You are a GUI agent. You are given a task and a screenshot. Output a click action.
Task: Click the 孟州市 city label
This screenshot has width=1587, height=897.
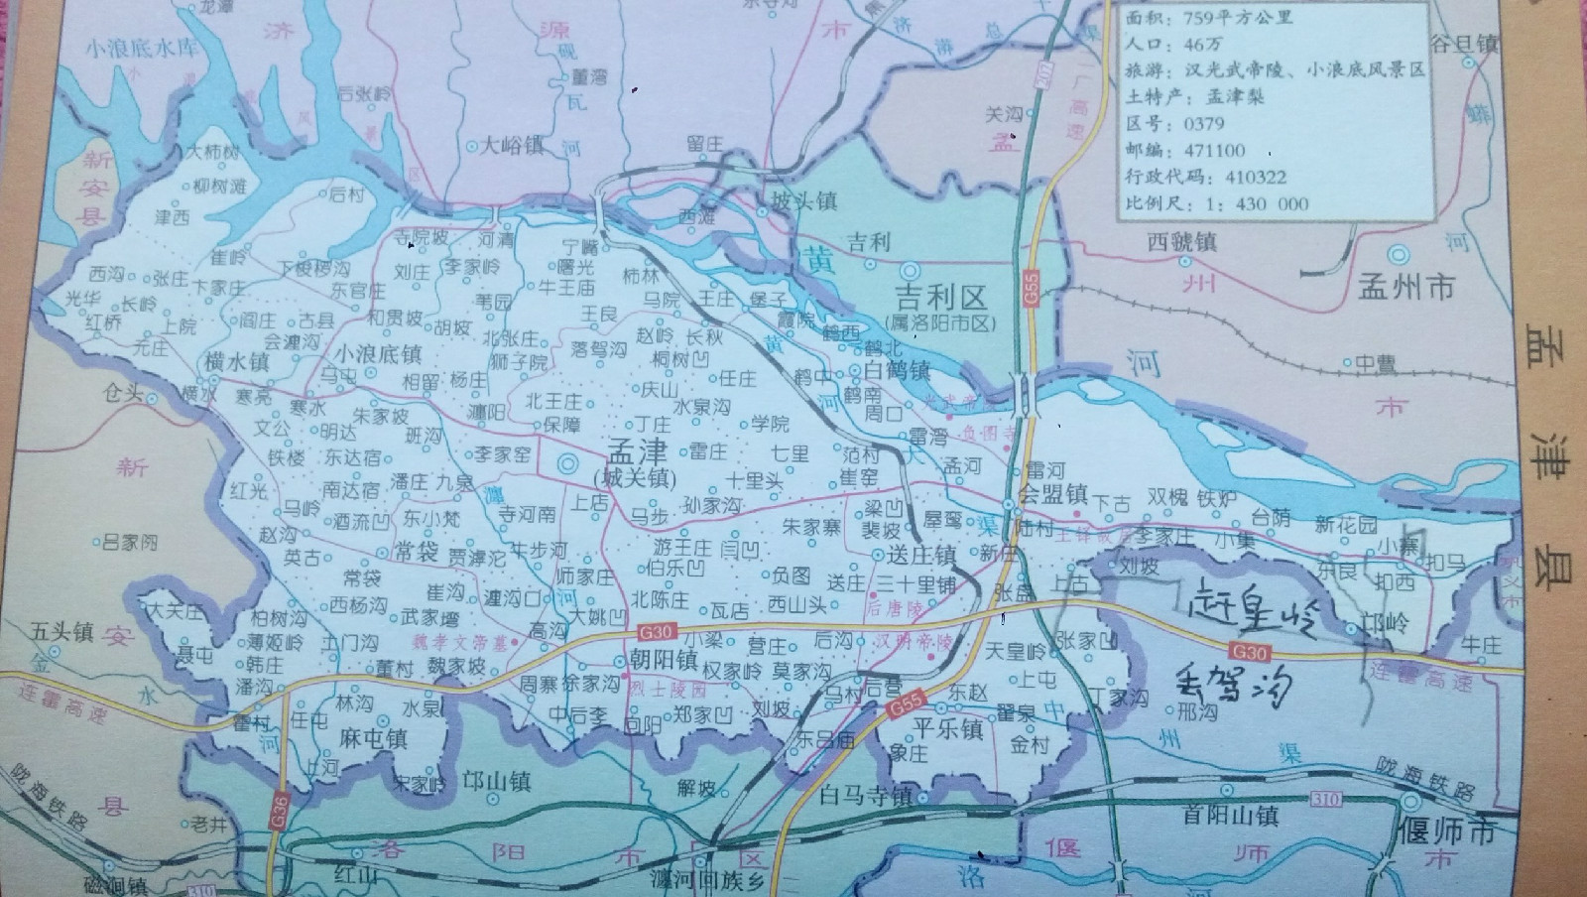click(1407, 288)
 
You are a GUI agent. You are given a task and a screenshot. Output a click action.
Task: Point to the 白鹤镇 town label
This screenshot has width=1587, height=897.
click(896, 370)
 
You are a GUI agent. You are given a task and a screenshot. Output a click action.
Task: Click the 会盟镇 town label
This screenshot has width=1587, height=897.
click(1053, 493)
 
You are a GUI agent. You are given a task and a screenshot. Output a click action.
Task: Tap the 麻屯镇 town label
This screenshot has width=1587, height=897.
click(372, 739)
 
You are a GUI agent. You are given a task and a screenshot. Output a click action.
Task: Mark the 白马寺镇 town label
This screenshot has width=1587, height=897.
click(866, 796)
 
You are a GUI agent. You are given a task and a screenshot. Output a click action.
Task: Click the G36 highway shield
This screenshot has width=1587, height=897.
click(276, 806)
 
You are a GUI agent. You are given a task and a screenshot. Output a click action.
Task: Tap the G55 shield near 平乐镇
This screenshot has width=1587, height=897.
click(904, 706)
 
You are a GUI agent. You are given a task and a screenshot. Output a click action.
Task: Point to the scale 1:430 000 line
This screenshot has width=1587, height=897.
click(1217, 204)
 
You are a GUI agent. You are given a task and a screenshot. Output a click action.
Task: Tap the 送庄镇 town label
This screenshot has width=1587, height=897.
click(921, 555)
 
